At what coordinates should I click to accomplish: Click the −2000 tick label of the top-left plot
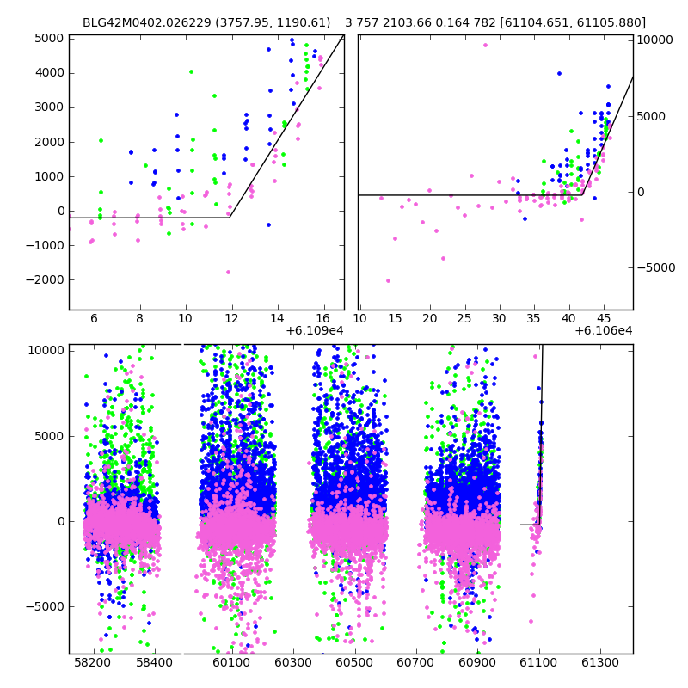point(44,279)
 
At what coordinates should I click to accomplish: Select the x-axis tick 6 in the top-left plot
point(92,318)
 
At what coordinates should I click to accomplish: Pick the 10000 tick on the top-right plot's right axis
point(654,40)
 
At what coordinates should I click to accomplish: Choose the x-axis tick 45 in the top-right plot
point(604,318)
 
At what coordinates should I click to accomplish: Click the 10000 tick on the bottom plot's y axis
point(46,350)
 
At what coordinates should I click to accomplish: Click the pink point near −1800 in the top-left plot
point(228,272)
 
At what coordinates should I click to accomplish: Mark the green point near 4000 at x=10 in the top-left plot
point(191,72)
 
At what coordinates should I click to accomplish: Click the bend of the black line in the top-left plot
point(230,218)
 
